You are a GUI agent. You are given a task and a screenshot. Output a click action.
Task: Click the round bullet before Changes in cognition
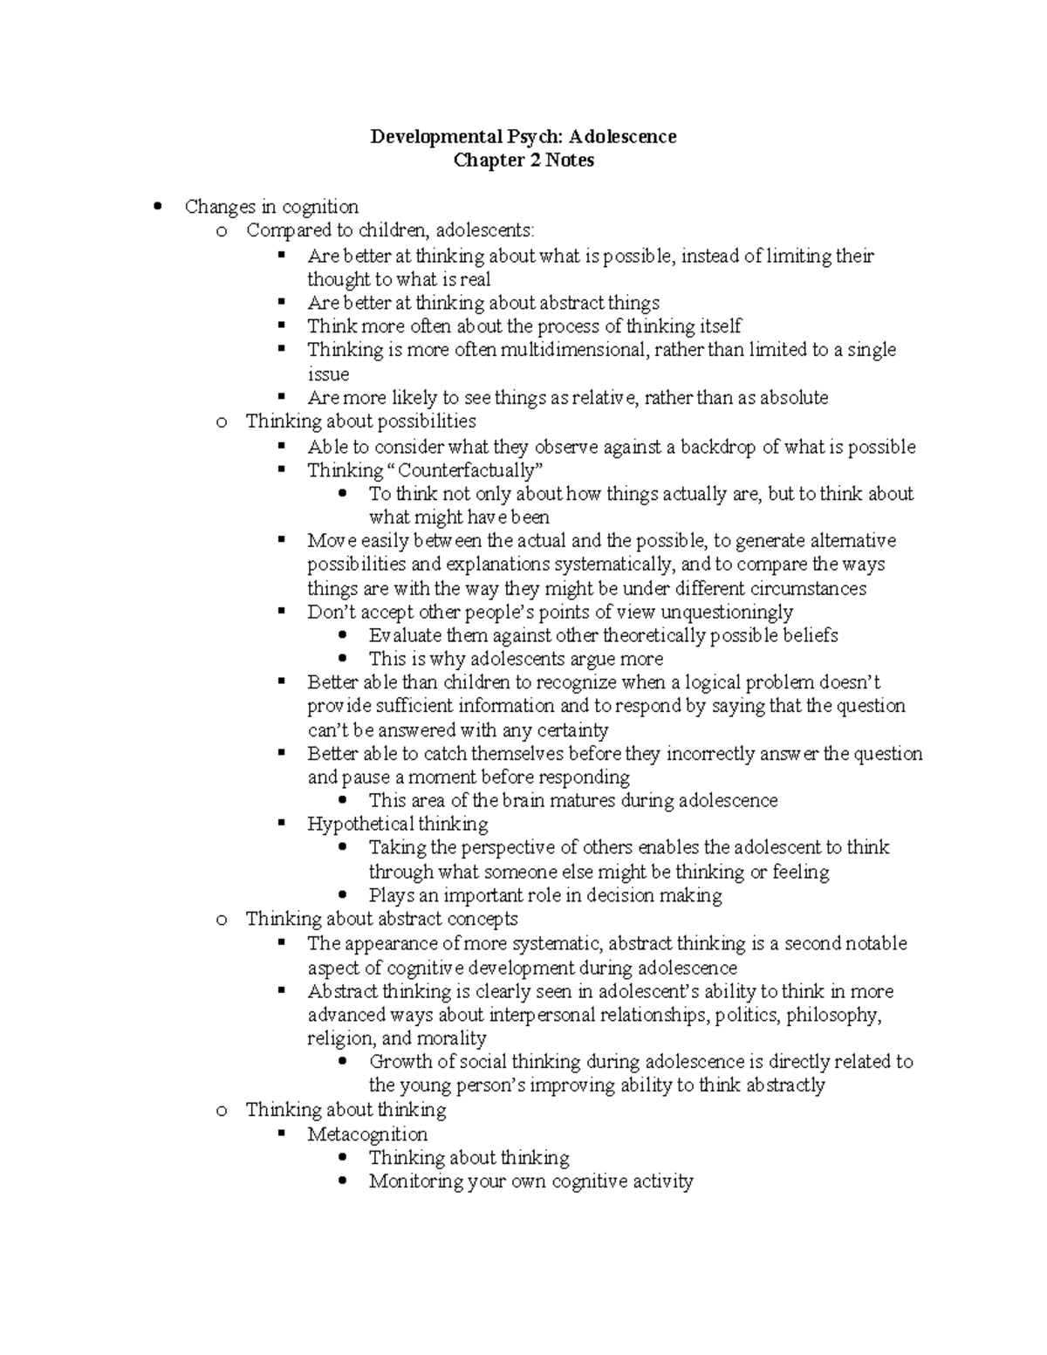pos(158,207)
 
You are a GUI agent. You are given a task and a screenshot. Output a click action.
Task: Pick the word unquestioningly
pos(727,612)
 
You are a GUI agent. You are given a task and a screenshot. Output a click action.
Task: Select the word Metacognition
pos(366,1134)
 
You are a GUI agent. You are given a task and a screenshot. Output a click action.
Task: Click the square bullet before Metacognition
pos(281,1133)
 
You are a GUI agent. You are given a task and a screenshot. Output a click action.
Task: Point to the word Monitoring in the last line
pos(414,1181)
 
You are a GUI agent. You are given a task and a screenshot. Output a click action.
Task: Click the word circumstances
pos(807,589)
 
